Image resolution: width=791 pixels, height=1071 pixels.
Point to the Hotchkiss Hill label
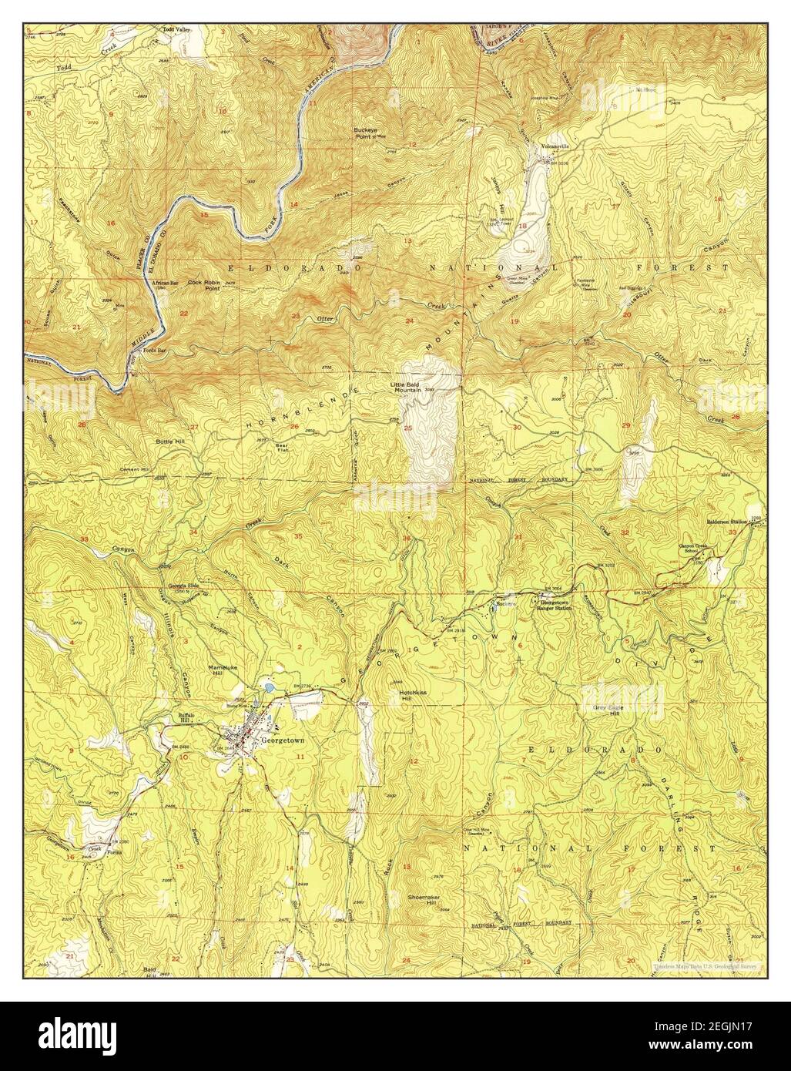click(x=417, y=696)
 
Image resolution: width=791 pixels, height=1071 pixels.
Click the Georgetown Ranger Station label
click(x=556, y=606)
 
